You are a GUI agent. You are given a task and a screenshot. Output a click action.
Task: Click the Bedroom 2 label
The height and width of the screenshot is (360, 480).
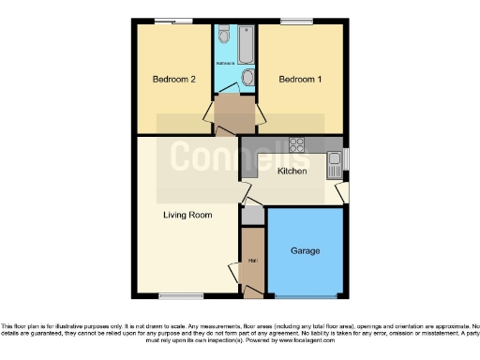tap(174, 80)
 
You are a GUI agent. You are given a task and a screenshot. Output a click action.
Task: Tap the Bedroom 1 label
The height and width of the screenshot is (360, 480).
tap(300, 80)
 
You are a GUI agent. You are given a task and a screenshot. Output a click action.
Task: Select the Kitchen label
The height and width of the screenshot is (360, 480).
tap(292, 171)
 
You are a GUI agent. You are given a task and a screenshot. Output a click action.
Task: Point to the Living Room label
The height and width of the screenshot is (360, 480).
tap(187, 216)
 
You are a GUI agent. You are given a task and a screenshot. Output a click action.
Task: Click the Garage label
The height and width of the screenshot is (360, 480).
tap(305, 251)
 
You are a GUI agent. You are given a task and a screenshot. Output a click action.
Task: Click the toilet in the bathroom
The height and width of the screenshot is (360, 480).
tap(223, 37)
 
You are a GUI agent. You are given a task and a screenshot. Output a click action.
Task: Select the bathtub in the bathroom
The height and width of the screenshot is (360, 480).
tap(245, 41)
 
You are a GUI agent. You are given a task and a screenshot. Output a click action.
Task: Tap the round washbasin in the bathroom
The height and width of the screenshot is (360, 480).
tap(246, 77)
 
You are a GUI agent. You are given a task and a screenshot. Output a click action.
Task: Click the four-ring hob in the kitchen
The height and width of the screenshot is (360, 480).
tap(296, 144)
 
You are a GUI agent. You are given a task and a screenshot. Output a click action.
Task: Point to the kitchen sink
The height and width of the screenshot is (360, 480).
tap(334, 167)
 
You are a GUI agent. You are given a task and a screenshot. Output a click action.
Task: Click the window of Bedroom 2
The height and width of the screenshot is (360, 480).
tap(169, 21)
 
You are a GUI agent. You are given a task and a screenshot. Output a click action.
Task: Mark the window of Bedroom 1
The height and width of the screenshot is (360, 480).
tap(296, 21)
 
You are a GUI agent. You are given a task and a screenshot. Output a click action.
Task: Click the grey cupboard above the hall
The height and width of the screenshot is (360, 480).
tap(252, 214)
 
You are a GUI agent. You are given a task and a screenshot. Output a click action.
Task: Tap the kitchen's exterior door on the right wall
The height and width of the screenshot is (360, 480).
tap(344, 192)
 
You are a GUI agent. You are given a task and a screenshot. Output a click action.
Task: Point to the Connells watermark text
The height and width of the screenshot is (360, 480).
tap(241, 155)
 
